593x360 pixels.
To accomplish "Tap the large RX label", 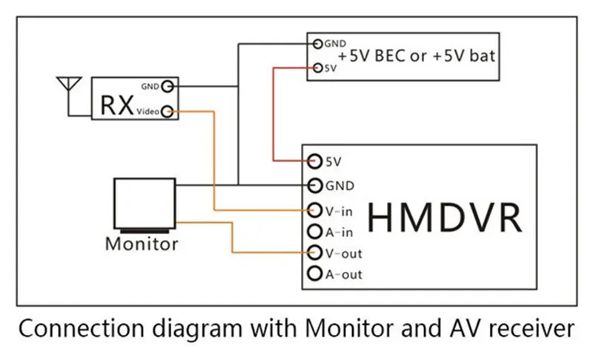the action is point(117,105).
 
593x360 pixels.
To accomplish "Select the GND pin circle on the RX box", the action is point(168,86).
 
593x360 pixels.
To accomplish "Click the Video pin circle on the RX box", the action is point(168,111).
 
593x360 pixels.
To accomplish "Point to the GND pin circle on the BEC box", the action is point(318,44).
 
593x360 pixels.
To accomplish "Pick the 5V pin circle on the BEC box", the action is point(318,68).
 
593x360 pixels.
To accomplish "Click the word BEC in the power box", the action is point(390,56).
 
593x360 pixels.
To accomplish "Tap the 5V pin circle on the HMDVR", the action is point(314,161).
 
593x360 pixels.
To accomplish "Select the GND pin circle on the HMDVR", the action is point(314,185).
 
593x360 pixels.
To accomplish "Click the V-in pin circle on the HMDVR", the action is point(314,210).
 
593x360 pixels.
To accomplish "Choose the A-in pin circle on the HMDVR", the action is point(314,232).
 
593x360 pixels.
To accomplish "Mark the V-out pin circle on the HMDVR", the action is point(314,253).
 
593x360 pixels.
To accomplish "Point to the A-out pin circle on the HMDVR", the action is point(314,273).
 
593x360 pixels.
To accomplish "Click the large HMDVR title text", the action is point(445,218).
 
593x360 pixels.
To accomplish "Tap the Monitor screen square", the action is point(145,204).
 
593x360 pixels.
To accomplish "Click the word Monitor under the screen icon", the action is point(142,244).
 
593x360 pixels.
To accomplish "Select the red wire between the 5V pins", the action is point(273,115).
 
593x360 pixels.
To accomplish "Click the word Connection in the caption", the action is point(82,328).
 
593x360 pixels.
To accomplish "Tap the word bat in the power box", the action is point(483,56).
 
